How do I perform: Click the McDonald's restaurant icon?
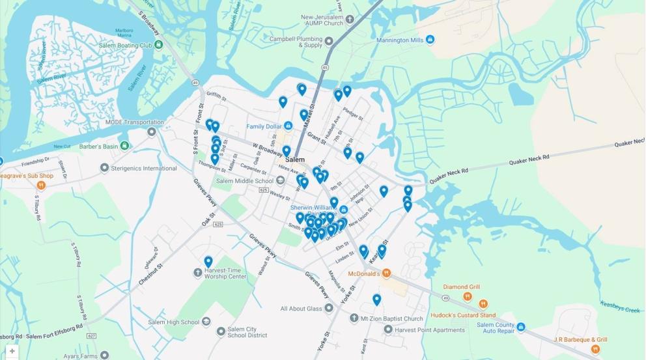386,273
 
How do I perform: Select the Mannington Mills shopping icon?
430,40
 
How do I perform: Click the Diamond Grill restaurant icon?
468,297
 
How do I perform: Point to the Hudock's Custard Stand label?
462,316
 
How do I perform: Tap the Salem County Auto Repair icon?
520,327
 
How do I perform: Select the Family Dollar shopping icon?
288,126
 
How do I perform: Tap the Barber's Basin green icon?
124,146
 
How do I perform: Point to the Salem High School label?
173,322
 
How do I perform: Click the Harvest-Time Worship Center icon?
198,273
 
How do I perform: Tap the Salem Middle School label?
245,181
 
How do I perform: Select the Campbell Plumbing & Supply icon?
329,41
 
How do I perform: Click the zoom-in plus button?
12,351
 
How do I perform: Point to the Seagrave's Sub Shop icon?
41,186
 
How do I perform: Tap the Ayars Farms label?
81,356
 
